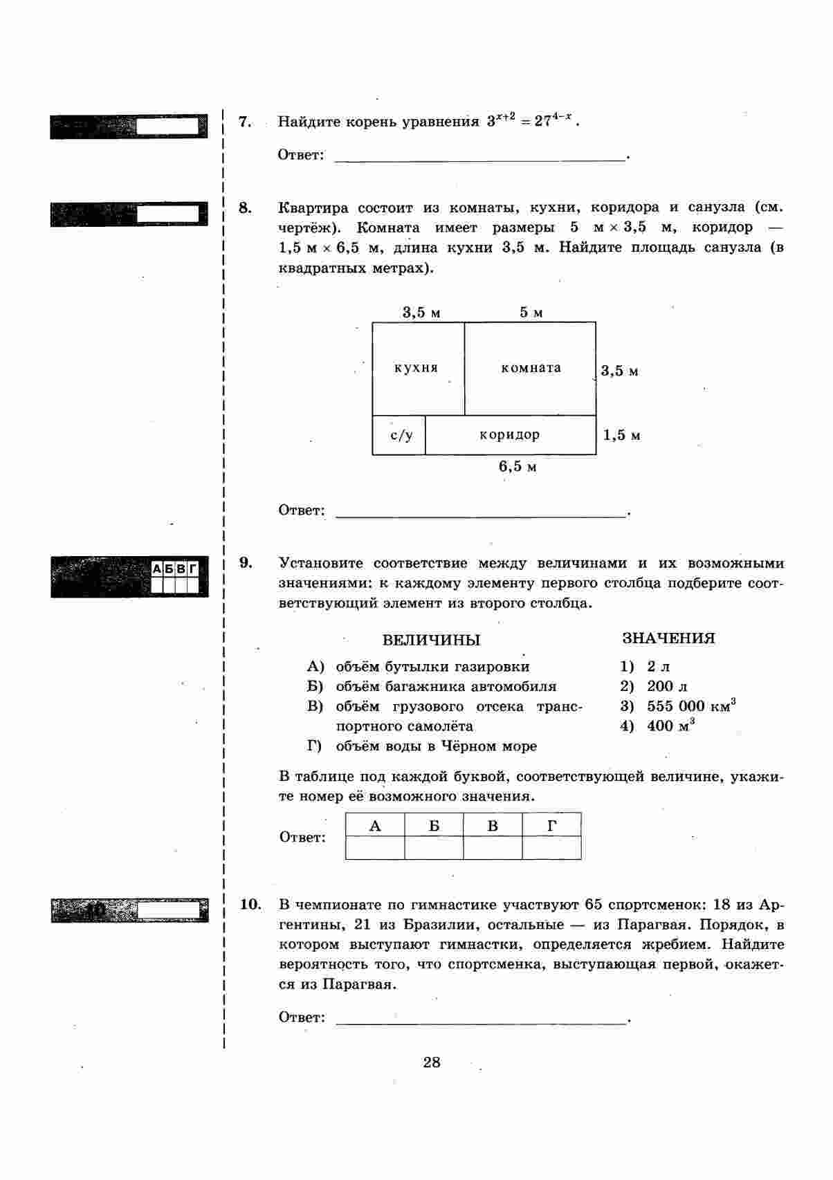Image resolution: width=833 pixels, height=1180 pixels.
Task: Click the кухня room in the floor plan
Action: [x=416, y=368]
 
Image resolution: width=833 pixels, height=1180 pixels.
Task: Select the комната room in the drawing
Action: [x=531, y=368]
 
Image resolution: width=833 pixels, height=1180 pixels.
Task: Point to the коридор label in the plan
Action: [x=510, y=435]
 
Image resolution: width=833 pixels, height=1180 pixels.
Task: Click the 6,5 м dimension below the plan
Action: [x=518, y=467]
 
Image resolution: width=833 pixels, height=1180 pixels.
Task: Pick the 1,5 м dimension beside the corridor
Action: [x=621, y=435]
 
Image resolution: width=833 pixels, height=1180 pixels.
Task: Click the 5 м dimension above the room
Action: [x=531, y=313]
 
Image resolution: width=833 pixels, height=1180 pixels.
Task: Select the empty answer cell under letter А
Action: [x=375, y=847]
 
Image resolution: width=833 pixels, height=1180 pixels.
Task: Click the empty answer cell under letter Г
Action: [x=551, y=847]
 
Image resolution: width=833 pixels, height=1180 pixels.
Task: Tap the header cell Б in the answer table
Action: [x=434, y=826]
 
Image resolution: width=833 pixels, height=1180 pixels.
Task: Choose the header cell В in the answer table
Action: [x=493, y=826]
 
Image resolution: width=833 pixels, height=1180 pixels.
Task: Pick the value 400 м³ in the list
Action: [x=670, y=726]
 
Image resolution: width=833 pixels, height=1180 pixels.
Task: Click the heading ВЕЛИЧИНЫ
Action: [x=431, y=640]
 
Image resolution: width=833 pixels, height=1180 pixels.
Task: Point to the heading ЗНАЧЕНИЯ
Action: [x=668, y=638]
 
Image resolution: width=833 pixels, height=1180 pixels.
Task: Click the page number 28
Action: [x=432, y=1062]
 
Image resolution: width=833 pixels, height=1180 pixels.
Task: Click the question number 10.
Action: [x=250, y=904]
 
